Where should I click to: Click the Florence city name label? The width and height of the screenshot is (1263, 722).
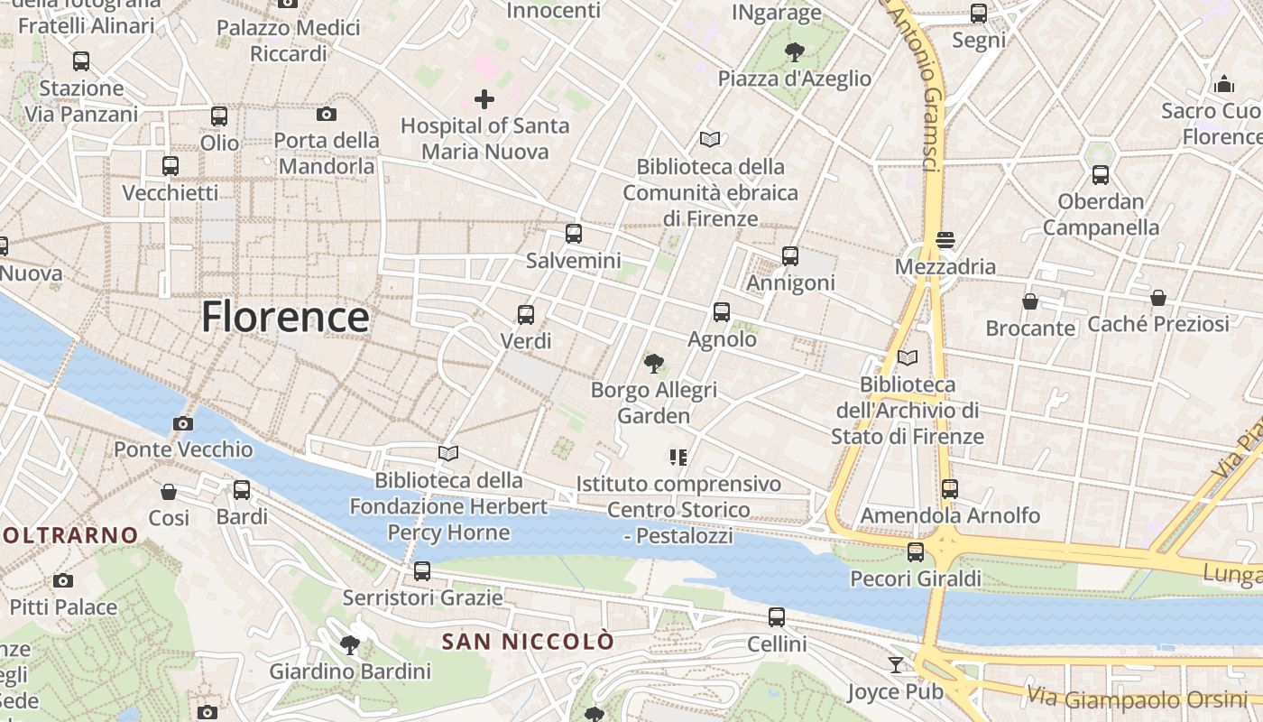coord(285,318)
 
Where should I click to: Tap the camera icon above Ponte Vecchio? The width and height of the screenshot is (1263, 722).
coord(183,423)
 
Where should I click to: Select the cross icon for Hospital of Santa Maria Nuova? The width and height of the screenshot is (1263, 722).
coord(484,98)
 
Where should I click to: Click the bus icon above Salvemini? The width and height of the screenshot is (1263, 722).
coord(574,234)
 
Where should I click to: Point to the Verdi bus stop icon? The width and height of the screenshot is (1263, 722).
coord(526,315)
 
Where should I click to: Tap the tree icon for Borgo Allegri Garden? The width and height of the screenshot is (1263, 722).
coord(654,364)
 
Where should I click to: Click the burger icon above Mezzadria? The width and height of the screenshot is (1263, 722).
coord(945,240)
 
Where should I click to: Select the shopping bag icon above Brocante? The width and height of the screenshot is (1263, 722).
coord(1030,301)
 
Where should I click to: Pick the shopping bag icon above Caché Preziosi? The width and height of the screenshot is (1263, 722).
coord(1158,297)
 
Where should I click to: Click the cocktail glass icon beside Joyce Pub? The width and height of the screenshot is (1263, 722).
coord(895,665)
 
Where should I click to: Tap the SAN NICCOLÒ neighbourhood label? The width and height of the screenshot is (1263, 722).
coord(528,642)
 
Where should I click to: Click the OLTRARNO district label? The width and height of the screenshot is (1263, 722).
coord(69,535)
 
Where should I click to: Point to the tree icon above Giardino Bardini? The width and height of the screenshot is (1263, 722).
coord(350,644)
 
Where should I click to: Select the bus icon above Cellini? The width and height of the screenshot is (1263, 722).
coord(777,617)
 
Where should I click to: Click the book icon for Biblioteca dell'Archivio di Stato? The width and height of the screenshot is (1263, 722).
coord(908,358)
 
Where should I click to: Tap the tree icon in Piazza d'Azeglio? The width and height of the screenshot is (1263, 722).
coord(795,51)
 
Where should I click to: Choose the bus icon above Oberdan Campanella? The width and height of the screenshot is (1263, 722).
coord(1101,175)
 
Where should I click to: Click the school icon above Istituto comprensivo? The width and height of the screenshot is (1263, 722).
coord(678,458)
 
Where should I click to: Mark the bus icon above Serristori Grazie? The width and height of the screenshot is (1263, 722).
coord(422,570)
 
